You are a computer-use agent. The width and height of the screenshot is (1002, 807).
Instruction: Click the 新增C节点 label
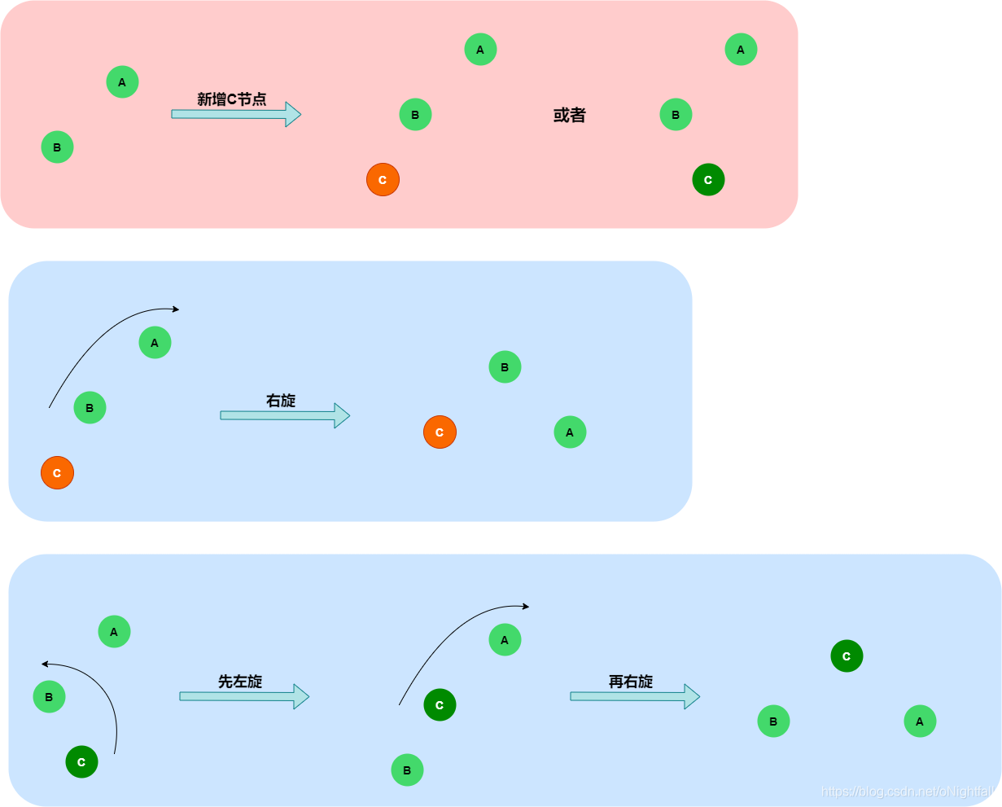[x=231, y=99]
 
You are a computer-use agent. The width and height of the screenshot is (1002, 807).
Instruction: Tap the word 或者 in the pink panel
[x=569, y=116]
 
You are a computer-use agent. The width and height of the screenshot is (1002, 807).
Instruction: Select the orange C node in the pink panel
[x=383, y=180]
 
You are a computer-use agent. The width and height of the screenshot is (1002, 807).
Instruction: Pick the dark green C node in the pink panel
[x=708, y=180]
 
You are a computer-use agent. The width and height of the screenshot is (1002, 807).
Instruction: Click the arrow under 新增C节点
[x=236, y=114]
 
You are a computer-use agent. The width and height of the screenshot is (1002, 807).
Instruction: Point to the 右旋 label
[x=281, y=401]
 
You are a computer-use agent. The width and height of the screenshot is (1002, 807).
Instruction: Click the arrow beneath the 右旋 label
[x=285, y=415]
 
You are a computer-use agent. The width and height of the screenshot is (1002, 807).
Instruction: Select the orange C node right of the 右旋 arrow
[x=440, y=432]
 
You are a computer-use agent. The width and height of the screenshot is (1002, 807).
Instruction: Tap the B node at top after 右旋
[x=505, y=367]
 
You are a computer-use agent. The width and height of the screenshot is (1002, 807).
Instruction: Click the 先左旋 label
[x=240, y=682]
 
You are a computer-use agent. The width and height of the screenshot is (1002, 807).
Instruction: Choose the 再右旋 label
[x=631, y=682]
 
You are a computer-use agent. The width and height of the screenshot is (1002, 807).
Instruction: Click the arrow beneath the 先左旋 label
[x=244, y=696]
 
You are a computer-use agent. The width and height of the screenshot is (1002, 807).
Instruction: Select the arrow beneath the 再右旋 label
[x=635, y=696]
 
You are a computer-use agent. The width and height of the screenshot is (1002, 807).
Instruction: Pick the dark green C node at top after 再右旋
[x=847, y=656]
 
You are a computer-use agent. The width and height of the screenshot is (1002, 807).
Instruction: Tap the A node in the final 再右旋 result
[x=920, y=721]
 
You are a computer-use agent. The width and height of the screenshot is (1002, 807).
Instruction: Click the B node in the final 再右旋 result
[x=773, y=721]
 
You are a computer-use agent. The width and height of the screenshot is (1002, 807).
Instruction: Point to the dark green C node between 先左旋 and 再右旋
[x=440, y=705]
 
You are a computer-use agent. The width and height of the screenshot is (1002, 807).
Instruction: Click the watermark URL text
[x=908, y=792]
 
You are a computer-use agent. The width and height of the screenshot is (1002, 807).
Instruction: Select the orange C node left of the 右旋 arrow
[x=57, y=473]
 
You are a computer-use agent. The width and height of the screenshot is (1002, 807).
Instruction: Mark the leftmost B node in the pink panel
[x=57, y=147]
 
